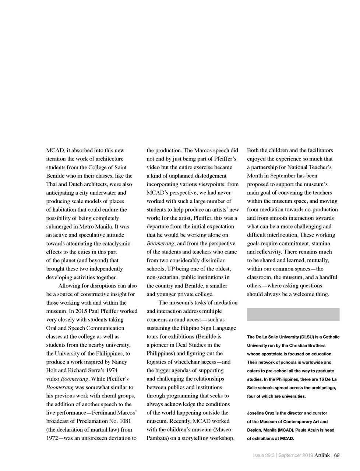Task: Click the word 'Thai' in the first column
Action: tap(52, 184)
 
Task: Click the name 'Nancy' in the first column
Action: tap(119, 362)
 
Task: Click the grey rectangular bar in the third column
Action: tap(293, 314)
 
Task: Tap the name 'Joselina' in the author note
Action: tap(256, 413)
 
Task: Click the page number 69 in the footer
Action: tap(336, 456)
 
